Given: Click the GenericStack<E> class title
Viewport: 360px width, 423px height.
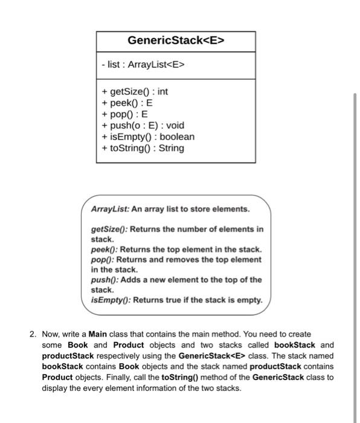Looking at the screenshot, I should click(176, 41).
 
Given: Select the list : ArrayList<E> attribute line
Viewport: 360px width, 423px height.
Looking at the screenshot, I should click(142, 65).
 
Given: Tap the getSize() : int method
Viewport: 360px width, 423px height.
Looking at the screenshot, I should click(135, 92).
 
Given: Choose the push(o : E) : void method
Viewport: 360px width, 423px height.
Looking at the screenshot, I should click(143, 125).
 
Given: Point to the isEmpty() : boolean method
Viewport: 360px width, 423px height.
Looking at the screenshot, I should click(148, 137).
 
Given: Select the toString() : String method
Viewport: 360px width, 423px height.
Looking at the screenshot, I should click(143, 147).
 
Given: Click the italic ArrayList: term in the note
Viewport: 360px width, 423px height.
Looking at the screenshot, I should click(106, 209).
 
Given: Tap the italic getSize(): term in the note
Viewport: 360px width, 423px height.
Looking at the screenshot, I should click(109, 230).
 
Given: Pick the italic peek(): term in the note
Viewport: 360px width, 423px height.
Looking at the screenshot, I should click(102, 250).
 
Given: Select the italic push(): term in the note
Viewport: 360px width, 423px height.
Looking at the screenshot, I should click(103, 280).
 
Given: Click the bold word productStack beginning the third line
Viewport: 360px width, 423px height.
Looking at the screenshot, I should click(68, 356).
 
